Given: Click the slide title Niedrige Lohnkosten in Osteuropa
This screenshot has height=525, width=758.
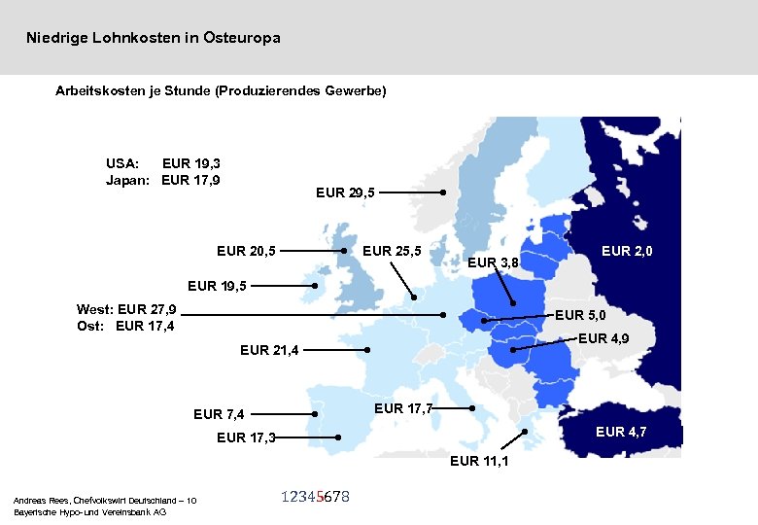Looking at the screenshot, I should click(154, 38).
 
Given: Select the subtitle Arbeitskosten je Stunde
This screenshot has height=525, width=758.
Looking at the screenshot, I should click(221, 90).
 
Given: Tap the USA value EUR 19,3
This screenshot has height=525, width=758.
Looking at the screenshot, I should click(191, 163).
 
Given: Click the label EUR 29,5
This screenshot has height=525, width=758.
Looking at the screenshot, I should click(345, 193).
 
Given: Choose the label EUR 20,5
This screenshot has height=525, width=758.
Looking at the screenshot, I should click(246, 252).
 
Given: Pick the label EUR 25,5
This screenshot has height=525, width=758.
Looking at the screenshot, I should click(391, 252).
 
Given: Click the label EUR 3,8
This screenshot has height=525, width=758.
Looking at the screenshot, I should click(494, 262).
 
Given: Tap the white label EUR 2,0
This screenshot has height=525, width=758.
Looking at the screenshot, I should click(627, 252).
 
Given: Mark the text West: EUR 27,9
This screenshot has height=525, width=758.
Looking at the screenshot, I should click(126, 309).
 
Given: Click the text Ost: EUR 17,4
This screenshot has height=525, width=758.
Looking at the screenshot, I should click(126, 326).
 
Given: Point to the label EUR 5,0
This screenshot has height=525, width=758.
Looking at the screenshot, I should click(580, 315).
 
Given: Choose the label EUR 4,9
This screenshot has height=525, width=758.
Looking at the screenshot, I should click(603, 338).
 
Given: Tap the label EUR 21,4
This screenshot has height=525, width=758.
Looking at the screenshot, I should click(269, 350).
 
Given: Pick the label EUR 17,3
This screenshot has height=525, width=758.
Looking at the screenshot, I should click(245, 437).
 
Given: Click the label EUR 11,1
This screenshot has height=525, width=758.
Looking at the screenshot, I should click(479, 461).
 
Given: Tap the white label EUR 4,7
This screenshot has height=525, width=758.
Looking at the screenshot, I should click(621, 431).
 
